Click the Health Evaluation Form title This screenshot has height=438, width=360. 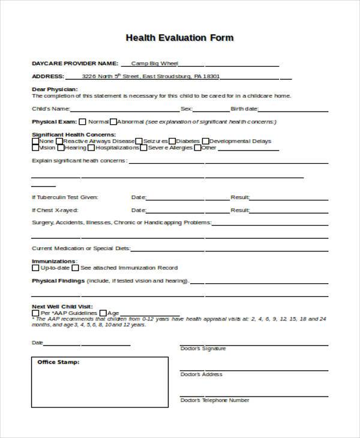point(179,37)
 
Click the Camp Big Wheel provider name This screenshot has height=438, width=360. point(155,63)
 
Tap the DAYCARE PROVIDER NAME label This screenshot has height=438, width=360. point(74,63)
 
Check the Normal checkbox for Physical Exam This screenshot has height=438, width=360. point(83,121)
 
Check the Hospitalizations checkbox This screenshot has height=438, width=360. point(91,148)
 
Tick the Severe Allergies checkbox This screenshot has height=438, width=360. point(144,148)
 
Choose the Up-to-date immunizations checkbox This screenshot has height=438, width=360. point(35,268)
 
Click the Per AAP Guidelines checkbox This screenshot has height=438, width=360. point(35,313)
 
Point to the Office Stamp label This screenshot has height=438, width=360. point(58,362)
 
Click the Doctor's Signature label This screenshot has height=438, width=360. point(203,349)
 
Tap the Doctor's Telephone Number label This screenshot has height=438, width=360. point(214,400)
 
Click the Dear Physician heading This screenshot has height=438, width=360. point(54,89)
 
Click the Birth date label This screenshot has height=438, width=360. point(244,109)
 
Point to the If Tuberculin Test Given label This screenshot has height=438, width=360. point(65,197)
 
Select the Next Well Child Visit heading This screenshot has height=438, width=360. point(62,306)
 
